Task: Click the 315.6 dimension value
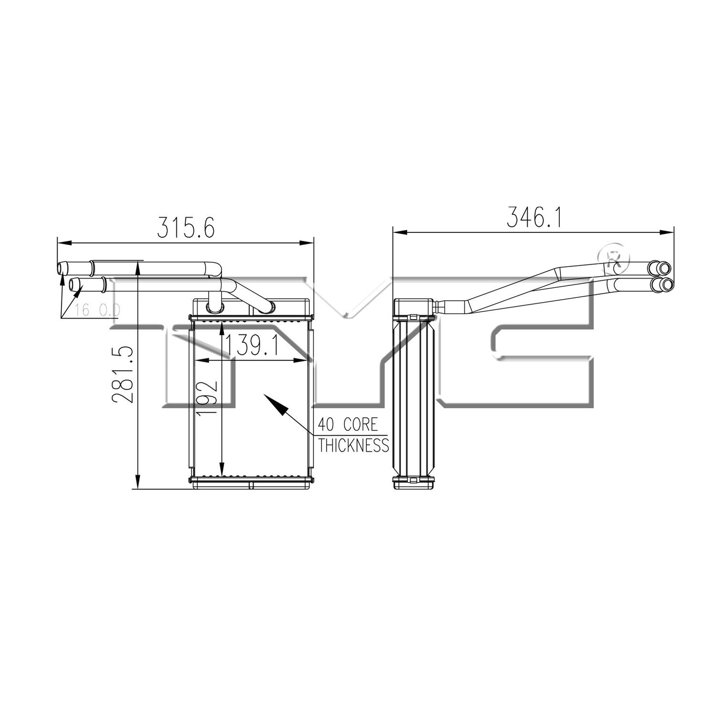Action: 186,227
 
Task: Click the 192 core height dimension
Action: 208,397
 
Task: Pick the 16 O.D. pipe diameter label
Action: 98,311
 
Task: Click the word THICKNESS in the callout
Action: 353,445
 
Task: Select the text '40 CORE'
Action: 348,425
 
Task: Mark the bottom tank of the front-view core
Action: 251,483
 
